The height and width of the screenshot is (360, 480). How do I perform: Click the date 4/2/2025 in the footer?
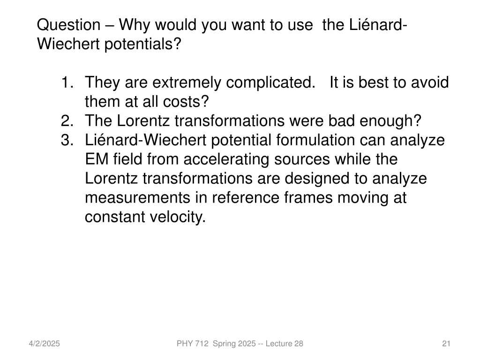click(44, 344)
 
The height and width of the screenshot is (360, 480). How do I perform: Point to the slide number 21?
click(446, 344)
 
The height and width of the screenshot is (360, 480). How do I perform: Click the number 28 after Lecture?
click(299, 344)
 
